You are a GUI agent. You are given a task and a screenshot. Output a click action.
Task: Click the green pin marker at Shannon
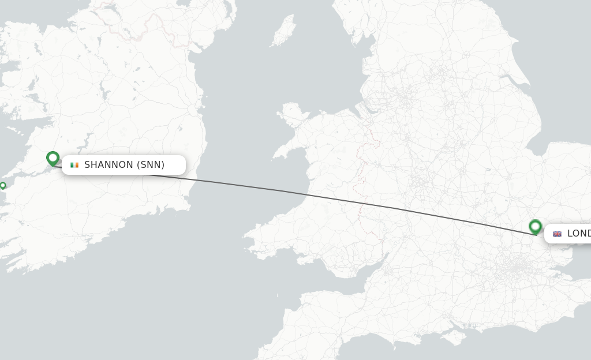pos(53,158)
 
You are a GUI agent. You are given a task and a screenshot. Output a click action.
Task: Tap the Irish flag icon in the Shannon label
pos(74,165)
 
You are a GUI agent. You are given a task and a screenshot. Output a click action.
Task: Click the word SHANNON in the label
pos(109,165)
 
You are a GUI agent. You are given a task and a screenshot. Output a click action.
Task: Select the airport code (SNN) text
pos(151,165)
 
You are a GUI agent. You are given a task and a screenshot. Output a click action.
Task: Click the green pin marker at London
pos(535,226)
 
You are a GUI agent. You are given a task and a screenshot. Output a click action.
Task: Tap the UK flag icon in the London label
pos(557,234)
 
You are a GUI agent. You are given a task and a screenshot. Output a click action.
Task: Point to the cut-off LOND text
pos(578,234)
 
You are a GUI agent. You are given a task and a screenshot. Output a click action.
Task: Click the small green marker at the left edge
pos(3,185)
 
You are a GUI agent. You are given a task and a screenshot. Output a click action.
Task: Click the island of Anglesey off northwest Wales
pos(293,114)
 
